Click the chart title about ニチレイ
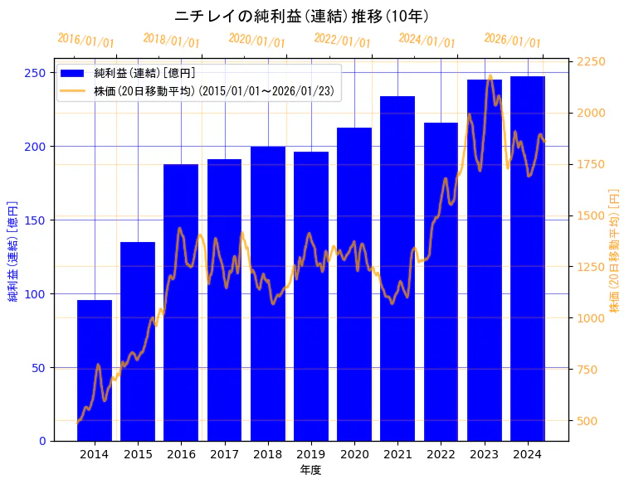tap(303, 16)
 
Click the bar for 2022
tap(441, 281)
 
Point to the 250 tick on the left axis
tap(37, 73)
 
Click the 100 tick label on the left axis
tap(37, 294)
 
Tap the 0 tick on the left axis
tap(42, 441)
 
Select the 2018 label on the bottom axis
tap(267, 454)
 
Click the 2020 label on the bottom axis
tap(354, 454)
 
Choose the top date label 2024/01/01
tap(427, 41)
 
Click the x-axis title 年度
tap(310, 470)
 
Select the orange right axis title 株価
tap(615, 249)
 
